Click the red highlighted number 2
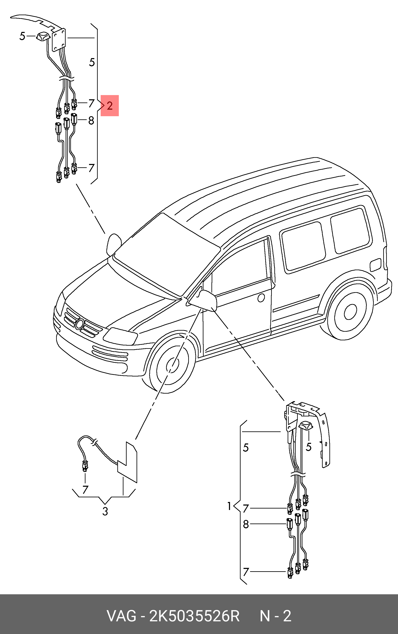(x=110, y=106)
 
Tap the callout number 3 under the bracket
(x=105, y=511)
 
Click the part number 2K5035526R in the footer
(x=194, y=616)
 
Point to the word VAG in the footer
(x=121, y=616)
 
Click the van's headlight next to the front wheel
(x=120, y=336)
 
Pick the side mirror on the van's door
(x=208, y=301)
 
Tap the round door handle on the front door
(x=261, y=298)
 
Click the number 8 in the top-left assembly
(x=91, y=121)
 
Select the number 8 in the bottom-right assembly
(x=246, y=524)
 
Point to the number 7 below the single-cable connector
(x=85, y=490)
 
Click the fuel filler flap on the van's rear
(x=375, y=265)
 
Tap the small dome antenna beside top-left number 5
(x=43, y=36)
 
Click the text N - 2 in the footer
(x=275, y=616)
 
